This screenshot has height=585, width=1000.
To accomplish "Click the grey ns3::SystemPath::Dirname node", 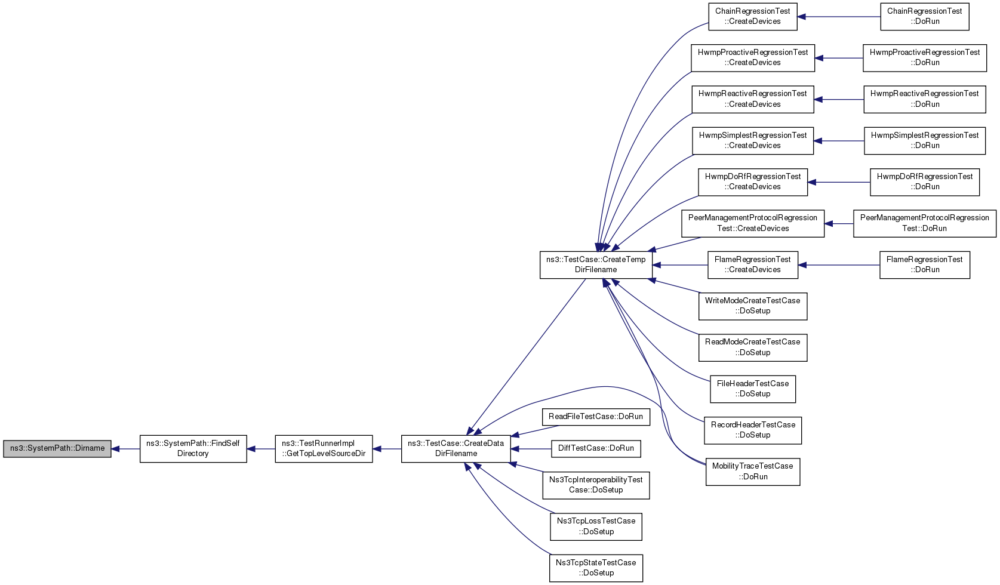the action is pyautogui.click(x=57, y=448).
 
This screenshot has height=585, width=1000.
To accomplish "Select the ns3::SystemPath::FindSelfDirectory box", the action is pyautogui.click(x=193, y=449).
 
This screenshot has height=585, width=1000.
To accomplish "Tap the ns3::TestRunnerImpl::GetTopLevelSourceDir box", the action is pyautogui.click(x=324, y=449).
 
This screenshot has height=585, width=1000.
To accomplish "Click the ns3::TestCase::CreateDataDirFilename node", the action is pyautogui.click(x=456, y=449).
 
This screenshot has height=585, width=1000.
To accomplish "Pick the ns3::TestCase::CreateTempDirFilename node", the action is pyautogui.click(x=596, y=265).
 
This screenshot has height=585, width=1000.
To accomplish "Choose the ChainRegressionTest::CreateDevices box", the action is pyautogui.click(x=753, y=17).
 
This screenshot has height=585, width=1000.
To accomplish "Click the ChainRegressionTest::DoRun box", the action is pyautogui.click(x=925, y=17).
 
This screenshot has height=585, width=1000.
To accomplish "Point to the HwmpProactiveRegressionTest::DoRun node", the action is pyautogui.click(x=925, y=58).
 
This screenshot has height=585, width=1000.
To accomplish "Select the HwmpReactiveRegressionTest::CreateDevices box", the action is pyautogui.click(x=753, y=100).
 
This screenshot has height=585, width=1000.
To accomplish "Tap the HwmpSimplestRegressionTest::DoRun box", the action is pyautogui.click(x=925, y=141).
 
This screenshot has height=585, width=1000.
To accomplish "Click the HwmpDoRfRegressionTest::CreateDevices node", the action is pyautogui.click(x=753, y=182).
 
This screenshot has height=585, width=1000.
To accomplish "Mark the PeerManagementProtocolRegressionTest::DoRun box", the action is pyautogui.click(x=925, y=224).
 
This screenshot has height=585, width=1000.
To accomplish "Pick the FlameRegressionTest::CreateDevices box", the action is pyautogui.click(x=753, y=265).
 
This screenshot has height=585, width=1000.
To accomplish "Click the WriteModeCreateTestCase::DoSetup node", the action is pyautogui.click(x=753, y=306).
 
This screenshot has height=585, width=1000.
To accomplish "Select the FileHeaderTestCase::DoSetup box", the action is pyautogui.click(x=753, y=389).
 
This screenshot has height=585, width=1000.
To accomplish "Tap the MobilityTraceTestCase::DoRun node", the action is pyautogui.click(x=753, y=472).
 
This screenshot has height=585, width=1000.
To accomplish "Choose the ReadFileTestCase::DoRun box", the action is pyautogui.click(x=596, y=417).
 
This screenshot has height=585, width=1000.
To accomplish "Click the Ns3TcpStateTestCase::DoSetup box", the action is pyautogui.click(x=596, y=568).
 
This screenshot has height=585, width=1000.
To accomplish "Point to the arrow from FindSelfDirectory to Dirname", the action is pyautogui.click(x=125, y=449).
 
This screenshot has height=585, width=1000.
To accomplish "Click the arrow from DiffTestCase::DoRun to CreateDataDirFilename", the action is pyautogui.click(x=531, y=449).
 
